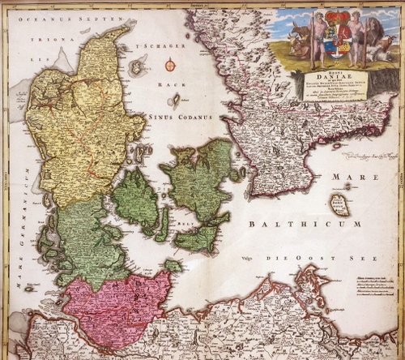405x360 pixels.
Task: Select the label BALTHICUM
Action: [x=287, y=223]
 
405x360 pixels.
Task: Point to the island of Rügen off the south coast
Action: [x=306, y=285]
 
